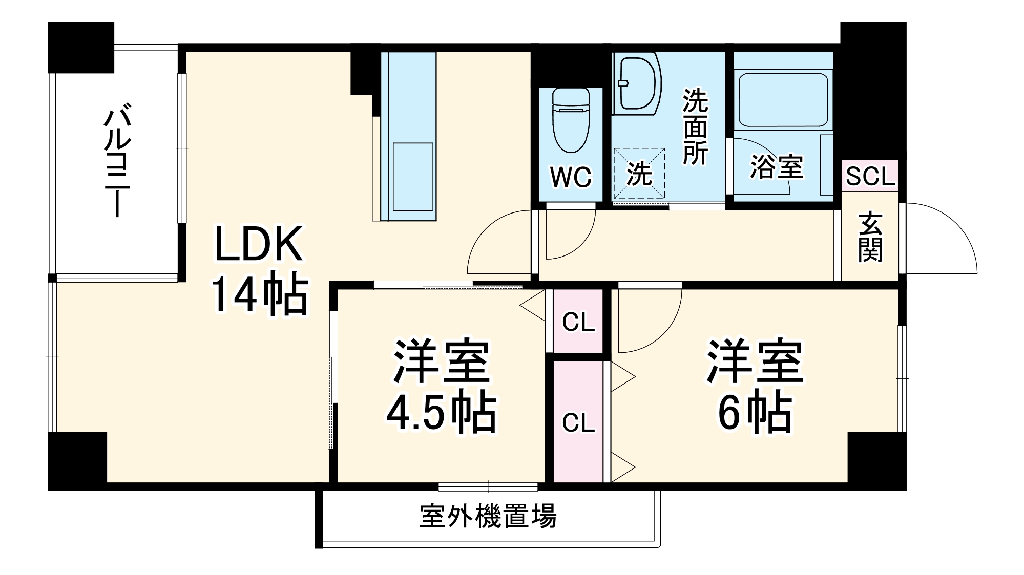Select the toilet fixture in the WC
[571, 120]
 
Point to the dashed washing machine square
[639, 174]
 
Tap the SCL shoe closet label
[870, 177]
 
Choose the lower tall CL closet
[578, 422]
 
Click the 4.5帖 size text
[441, 413]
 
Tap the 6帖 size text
[754, 413]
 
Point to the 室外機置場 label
[488, 516]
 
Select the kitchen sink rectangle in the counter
[412, 177]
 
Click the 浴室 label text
[777, 166]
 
